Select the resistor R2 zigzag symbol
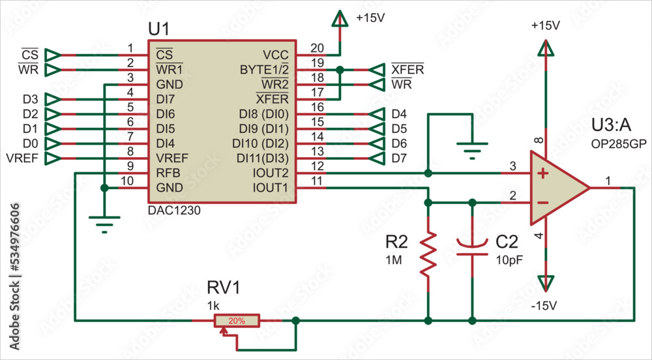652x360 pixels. [x=428, y=254]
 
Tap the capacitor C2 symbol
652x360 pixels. [x=472, y=247]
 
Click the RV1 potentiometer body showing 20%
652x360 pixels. [x=237, y=321]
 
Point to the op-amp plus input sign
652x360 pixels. [x=542, y=173]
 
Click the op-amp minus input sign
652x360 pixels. [x=542, y=203]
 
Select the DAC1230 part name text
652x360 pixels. [x=174, y=211]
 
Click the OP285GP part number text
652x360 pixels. [x=618, y=144]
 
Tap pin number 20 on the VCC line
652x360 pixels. [x=317, y=48]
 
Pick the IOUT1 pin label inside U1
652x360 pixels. [x=271, y=188]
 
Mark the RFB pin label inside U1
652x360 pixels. [x=167, y=173]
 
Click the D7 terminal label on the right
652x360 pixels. [x=399, y=158]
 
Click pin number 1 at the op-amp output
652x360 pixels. [x=608, y=180]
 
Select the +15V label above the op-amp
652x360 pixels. [x=546, y=26]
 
